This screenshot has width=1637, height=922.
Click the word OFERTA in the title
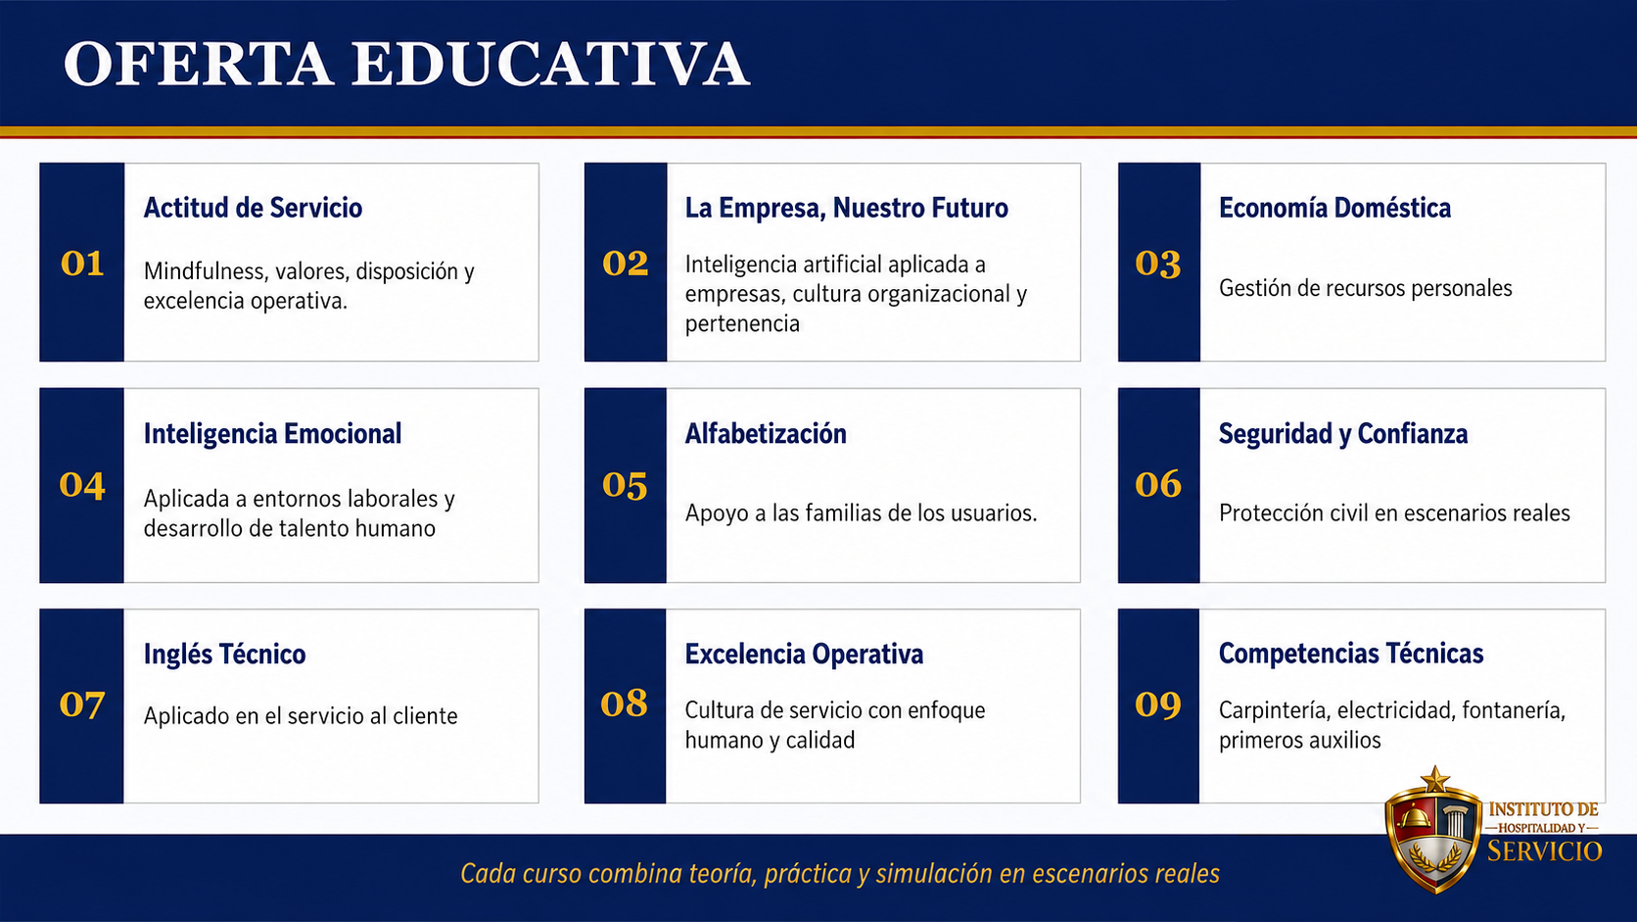coord(198,64)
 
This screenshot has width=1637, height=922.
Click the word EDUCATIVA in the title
coord(551,64)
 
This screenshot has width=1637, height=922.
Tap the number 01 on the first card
coord(82,264)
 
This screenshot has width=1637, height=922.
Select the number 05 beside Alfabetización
coord(625,485)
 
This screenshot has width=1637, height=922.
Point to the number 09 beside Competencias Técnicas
coord(1158,704)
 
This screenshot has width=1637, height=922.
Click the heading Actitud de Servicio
coord(253,208)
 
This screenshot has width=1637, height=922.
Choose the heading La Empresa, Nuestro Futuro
coord(846,209)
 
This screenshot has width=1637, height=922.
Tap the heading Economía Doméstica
coord(1334,208)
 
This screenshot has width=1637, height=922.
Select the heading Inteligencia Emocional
coord(272,434)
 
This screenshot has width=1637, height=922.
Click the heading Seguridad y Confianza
coord(1343,434)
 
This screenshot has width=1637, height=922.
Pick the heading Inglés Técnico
coord(224,654)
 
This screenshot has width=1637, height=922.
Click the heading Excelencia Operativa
coord(804,654)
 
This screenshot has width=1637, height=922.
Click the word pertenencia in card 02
coord(742,324)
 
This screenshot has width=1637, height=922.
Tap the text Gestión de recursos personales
coord(1365,288)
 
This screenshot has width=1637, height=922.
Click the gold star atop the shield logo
coord(1436,779)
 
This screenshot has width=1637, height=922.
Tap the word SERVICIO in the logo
coord(1545,851)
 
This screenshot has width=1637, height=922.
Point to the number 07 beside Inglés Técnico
coord(82,705)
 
